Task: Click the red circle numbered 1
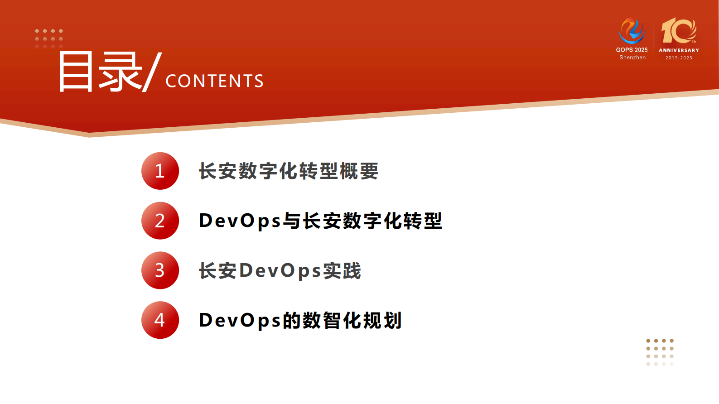click(x=160, y=171)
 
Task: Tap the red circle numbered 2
click(x=160, y=221)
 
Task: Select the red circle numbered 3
click(x=160, y=270)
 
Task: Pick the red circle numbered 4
click(x=160, y=320)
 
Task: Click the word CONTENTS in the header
click(x=214, y=81)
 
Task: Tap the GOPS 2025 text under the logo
click(x=632, y=50)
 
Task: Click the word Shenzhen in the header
click(x=632, y=58)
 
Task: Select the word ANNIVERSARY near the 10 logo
click(x=679, y=50)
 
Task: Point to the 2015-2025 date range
click(x=679, y=58)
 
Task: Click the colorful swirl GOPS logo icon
click(x=632, y=31)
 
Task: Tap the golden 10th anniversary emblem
click(x=678, y=31)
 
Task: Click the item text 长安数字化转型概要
click(x=289, y=171)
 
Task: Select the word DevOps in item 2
click(x=240, y=221)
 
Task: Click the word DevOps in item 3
click(x=280, y=271)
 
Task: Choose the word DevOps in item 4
click(x=240, y=321)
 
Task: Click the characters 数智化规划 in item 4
click(x=352, y=321)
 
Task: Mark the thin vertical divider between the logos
click(x=653, y=38)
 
